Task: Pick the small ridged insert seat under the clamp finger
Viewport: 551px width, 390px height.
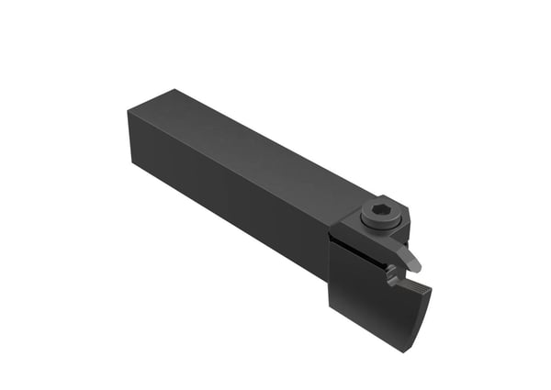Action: pyautogui.click(x=392, y=272)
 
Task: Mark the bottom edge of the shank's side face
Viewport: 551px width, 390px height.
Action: pyautogui.click(x=230, y=240)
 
